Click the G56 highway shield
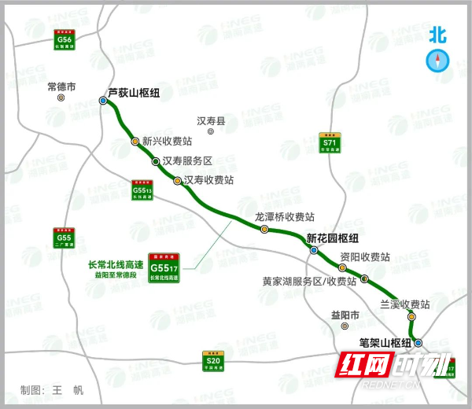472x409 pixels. click(65, 40)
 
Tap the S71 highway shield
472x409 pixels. click(330, 142)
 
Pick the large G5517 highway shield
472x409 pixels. click(164, 268)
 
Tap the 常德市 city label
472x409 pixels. click(61, 87)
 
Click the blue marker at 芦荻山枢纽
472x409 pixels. click(103, 101)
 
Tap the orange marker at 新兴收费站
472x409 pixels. click(135, 142)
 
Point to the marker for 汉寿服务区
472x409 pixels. click(157, 161)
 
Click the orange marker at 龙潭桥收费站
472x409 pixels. click(264, 229)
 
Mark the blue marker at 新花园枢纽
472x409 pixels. click(314, 251)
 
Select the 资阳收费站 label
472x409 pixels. click(365, 257)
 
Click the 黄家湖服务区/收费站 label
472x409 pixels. click(309, 280)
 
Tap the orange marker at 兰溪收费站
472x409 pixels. click(411, 317)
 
